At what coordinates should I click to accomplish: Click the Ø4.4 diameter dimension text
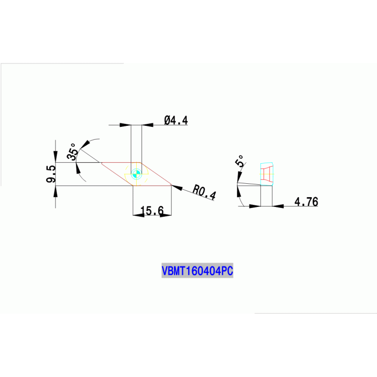(x=176, y=120)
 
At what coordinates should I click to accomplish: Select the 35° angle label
(x=73, y=151)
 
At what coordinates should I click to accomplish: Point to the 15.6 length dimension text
(x=152, y=211)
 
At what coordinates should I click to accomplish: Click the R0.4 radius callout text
(x=204, y=192)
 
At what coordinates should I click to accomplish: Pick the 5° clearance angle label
(x=240, y=162)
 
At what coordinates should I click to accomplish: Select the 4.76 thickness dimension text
(x=306, y=202)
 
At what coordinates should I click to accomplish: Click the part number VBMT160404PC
(x=197, y=271)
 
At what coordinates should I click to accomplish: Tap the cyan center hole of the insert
(x=137, y=173)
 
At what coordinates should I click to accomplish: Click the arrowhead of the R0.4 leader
(x=177, y=188)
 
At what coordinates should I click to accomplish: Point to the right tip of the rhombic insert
(x=171, y=185)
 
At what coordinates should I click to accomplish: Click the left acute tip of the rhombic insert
(x=101, y=163)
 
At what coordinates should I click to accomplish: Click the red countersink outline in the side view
(x=267, y=174)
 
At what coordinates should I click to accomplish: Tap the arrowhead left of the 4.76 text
(x=278, y=206)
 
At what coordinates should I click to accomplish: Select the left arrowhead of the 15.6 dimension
(x=137, y=215)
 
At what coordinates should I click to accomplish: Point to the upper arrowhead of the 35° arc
(x=86, y=144)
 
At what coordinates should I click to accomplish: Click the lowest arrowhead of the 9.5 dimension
(x=55, y=190)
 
